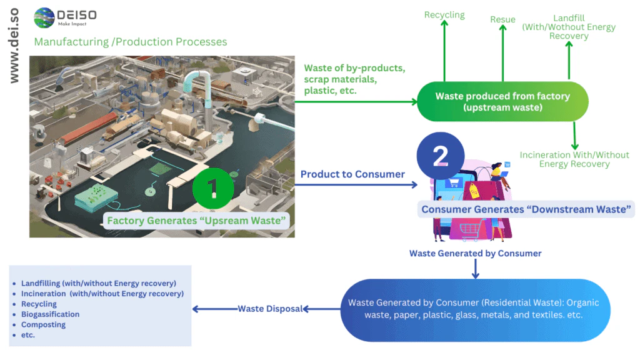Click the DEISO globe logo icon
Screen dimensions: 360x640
44,18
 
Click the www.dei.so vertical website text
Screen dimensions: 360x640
14,46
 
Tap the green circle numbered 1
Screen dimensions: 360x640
212,187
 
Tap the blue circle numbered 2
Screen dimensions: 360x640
441,156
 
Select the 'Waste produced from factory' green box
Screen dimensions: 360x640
502,102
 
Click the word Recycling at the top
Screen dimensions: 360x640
444,14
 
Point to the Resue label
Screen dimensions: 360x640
502,20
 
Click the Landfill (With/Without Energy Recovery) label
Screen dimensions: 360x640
569,27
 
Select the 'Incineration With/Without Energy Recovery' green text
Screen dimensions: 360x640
574,159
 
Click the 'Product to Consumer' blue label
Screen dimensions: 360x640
352,174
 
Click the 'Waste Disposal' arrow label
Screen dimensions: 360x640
270,308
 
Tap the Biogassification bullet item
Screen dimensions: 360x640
50,314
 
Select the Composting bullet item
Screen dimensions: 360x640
43,324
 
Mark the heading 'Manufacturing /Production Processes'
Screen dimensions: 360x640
131,42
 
